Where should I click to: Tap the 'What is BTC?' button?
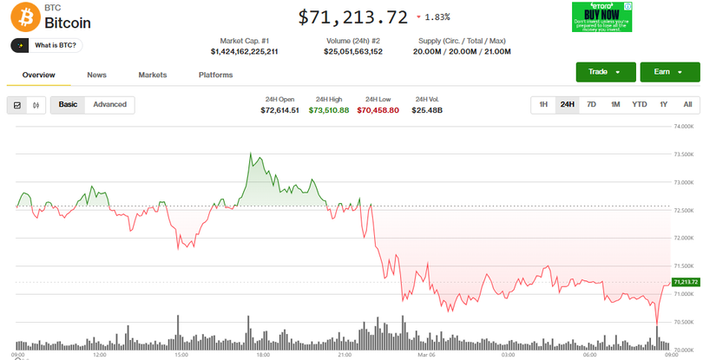[x=47, y=45]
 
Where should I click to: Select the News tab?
[x=97, y=75]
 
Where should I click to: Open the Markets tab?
[x=153, y=75]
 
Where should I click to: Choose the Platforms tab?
[x=215, y=75]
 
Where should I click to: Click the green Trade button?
[x=605, y=72]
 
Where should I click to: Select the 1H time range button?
[x=543, y=105]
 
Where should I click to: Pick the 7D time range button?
[x=591, y=105]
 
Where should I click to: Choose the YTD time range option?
[x=639, y=105]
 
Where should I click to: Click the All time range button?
[x=687, y=105]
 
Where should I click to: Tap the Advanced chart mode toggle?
[x=109, y=105]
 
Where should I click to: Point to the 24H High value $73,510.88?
[x=332, y=110]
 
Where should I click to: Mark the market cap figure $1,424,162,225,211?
[x=244, y=52]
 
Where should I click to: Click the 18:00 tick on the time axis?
[x=262, y=355]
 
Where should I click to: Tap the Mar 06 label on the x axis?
[x=426, y=355]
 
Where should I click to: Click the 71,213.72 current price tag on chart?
[x=685, y=282]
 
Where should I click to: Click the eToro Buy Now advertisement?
[x=601, y=16]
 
